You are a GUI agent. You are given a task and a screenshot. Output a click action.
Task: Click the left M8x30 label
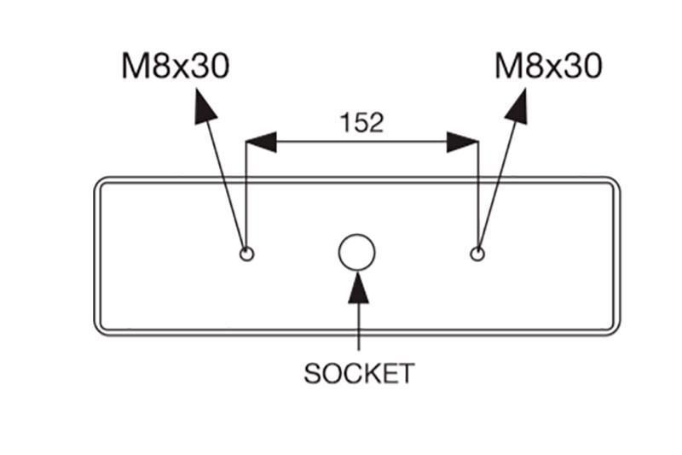[x=176, y=66]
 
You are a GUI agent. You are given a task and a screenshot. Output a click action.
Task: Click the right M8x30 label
[x=548, y=66]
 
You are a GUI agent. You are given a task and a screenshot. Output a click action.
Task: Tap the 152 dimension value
[x=361, y=122]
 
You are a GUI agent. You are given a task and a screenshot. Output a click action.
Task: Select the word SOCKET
[x=359, y=373]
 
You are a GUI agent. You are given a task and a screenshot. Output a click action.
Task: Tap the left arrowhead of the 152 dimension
[x=261, y=142]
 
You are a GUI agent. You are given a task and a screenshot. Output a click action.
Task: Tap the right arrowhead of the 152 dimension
[x=462, y=142]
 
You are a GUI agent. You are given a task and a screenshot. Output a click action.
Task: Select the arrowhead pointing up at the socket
[x=358, y=288]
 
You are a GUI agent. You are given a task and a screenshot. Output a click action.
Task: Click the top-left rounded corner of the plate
[x=98, y=181]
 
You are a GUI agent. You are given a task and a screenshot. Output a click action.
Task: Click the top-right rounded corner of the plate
[x=616, y=181]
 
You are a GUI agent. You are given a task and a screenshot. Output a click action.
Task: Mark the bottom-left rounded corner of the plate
[x=98, y=331]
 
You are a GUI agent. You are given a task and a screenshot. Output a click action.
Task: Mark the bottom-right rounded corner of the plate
[x=616, y=331]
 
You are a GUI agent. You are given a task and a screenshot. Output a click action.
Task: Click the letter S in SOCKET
[x=312, y=374]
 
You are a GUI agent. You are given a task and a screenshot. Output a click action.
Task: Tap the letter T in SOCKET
[x=406, y=374]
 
